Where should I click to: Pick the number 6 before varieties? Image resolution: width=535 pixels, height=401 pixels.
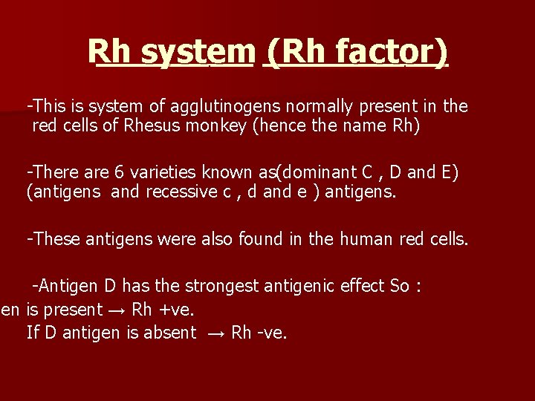(x=119, y=172)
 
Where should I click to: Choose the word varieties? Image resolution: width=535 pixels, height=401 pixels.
(x=163, y=172)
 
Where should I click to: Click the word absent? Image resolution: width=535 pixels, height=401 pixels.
(x=170, y=333)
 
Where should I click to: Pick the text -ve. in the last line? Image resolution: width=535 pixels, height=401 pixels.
(x=272, y=333)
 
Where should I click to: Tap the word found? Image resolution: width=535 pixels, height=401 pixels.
(x=279, y=239)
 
